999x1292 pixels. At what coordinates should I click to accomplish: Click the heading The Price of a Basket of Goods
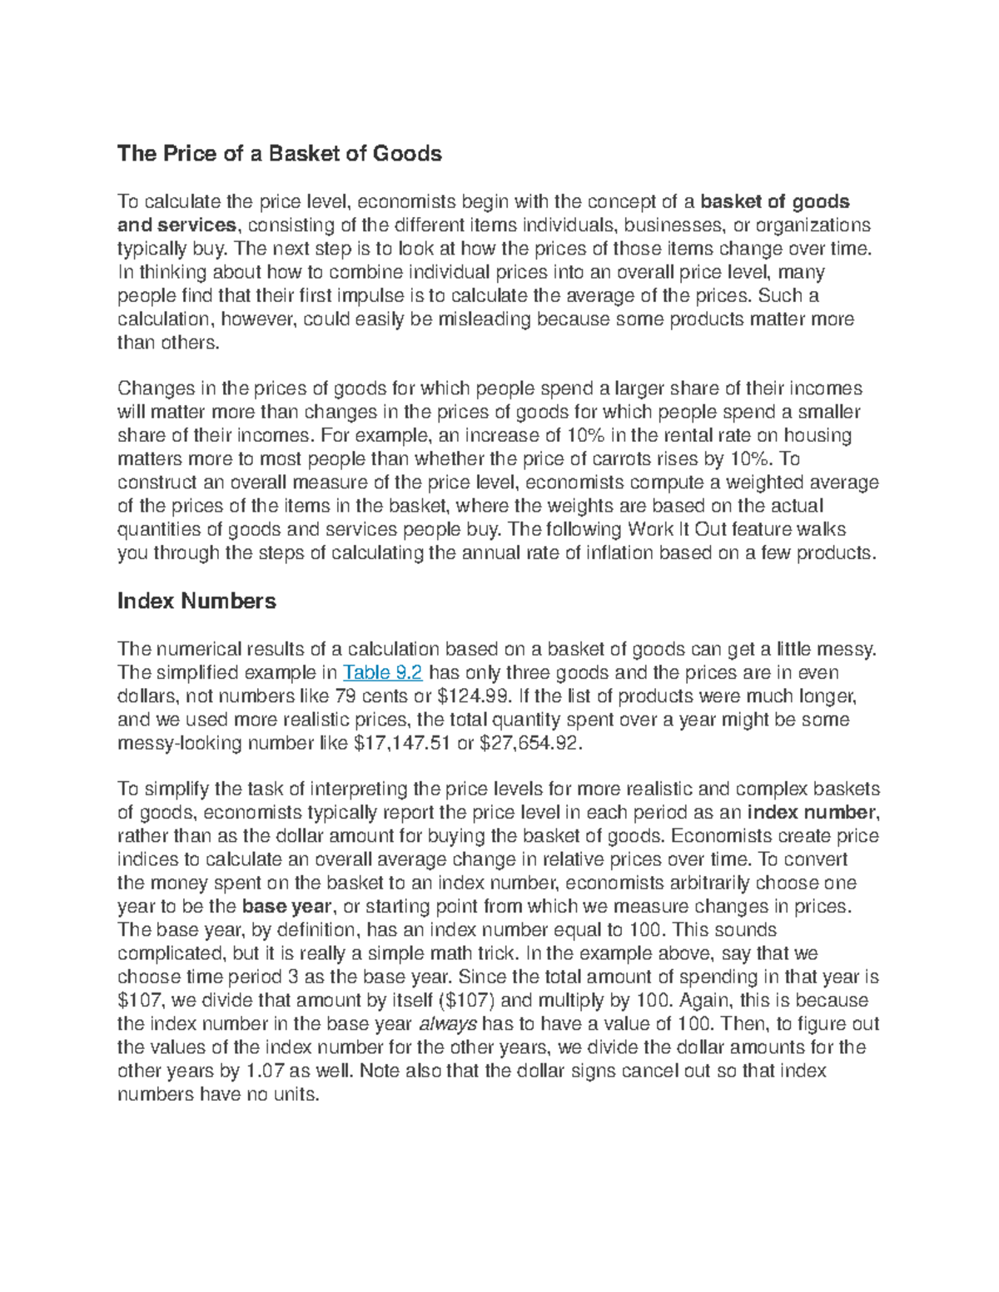tap(279, 153)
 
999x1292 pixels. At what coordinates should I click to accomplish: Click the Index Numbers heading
tap(196, 601)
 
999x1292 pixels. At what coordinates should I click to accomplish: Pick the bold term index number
tap(813, 812)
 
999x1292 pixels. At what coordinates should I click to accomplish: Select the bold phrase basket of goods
tap(775, 201)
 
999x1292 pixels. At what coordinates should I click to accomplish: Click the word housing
tap(819, 435)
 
